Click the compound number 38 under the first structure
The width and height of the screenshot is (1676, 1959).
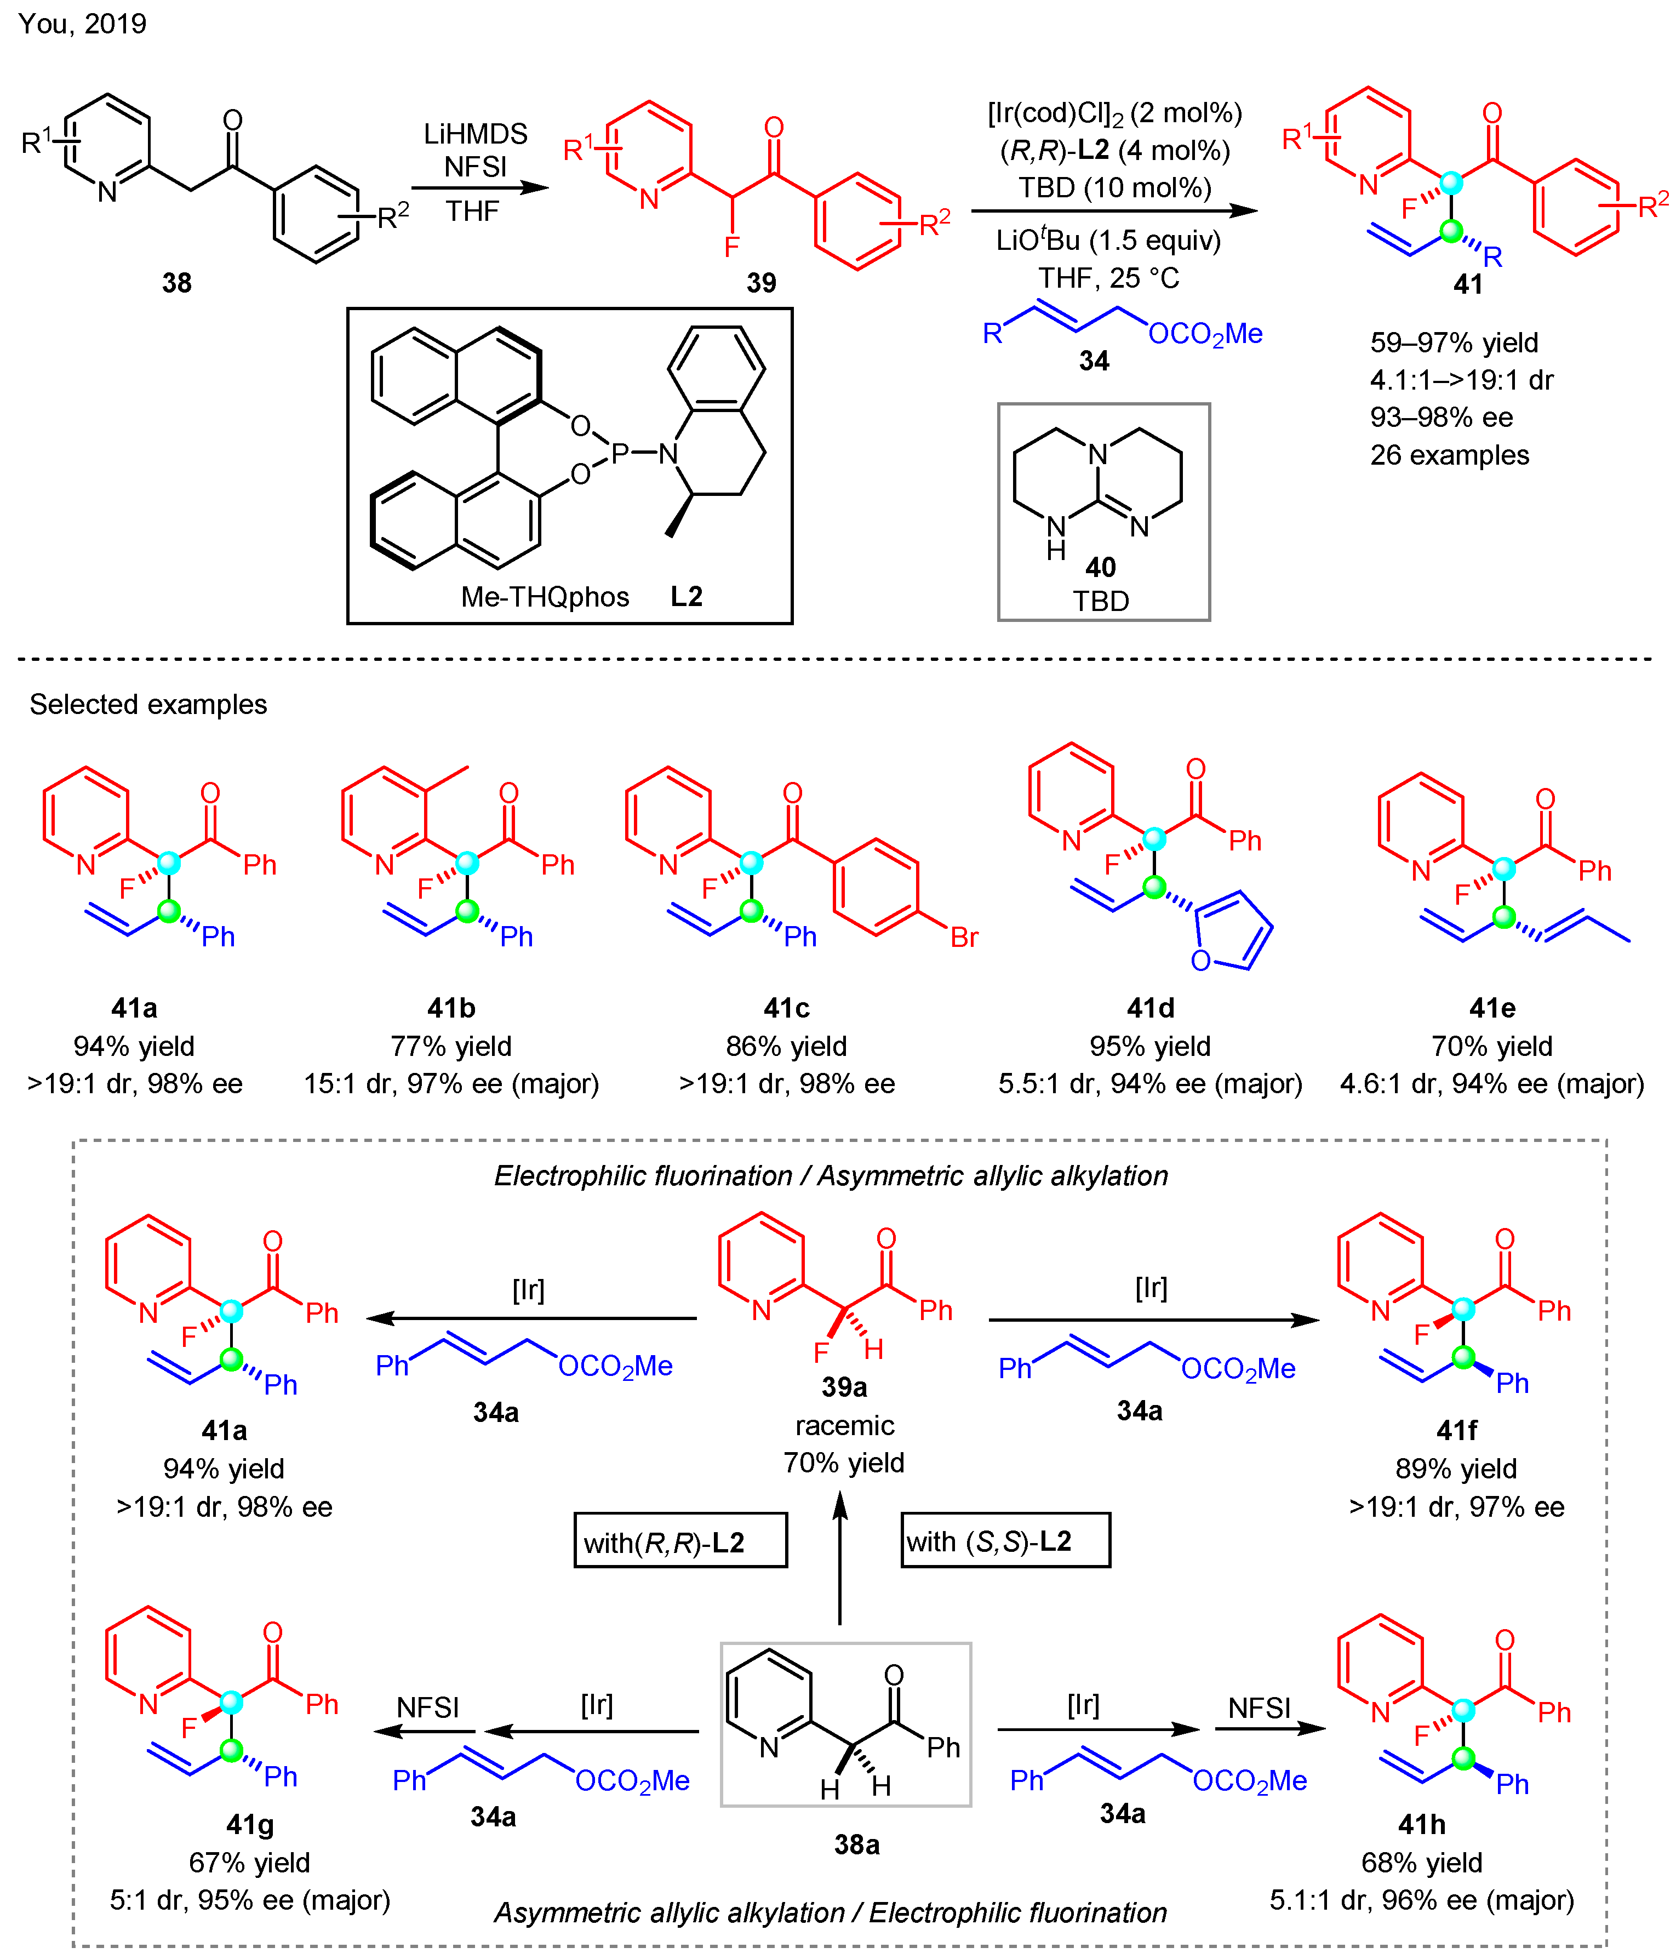click(x=177, y=283)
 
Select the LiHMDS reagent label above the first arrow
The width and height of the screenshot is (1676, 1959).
click(x=476, y=133)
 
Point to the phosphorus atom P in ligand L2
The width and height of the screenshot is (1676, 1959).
click(x=620, y=454)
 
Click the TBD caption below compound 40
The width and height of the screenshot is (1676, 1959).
click(x=1100, y=601)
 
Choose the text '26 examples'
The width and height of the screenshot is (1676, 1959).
click(x=1449, y=455)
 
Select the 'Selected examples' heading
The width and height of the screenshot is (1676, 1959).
click(x=148, y=704)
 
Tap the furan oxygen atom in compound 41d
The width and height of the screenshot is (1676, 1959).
click(x=1200, y=961)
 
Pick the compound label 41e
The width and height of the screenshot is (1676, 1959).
click(x=1492, y=1008)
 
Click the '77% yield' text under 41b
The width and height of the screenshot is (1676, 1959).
click(x=451, y=1046)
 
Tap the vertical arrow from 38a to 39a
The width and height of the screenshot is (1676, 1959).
click(x=839, y=1560)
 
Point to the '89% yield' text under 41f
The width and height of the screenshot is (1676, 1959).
click(x=1456, y=1469)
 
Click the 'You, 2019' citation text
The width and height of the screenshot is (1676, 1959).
click(x=82, y=24)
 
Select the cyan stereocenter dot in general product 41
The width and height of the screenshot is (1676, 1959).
click(x=1450, y=182)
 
